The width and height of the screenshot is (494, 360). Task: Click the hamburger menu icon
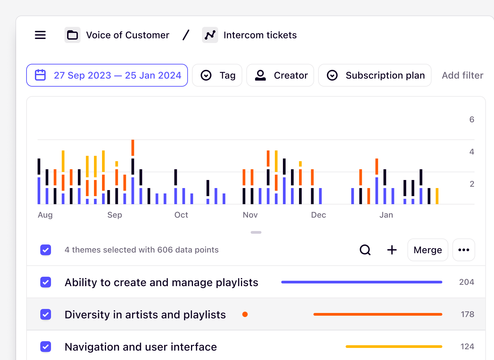tap(40, 35)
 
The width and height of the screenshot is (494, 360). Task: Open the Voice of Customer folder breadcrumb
tap(117, 35)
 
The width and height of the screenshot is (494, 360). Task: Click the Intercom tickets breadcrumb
tap(250, 35)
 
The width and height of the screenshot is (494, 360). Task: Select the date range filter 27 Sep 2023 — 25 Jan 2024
tap(107, 75)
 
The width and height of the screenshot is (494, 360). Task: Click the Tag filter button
tap(217, 75)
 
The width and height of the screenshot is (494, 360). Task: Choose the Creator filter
tap(280, 75)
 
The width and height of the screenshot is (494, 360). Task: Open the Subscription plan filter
tap(375, 75)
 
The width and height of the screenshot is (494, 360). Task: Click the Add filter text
tap(462, 75)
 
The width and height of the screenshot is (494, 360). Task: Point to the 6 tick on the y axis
tap(472, 120)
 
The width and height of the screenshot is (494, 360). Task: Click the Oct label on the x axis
tap(181, 215)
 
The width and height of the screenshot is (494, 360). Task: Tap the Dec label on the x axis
tap(318, 215)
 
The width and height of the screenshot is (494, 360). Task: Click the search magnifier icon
tap(365, 250)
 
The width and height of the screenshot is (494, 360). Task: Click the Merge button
tap(428, 250)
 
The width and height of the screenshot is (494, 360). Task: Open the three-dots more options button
tap(464, 250)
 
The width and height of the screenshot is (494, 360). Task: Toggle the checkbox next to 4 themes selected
tap(46, 250)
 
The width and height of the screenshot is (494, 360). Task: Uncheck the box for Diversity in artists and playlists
tap(46, 314)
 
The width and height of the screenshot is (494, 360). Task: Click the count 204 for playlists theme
tap(466, 282)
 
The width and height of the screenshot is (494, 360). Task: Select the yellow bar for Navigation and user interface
tap(394, 347)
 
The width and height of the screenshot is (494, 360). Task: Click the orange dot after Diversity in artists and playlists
tap(245, 314)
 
